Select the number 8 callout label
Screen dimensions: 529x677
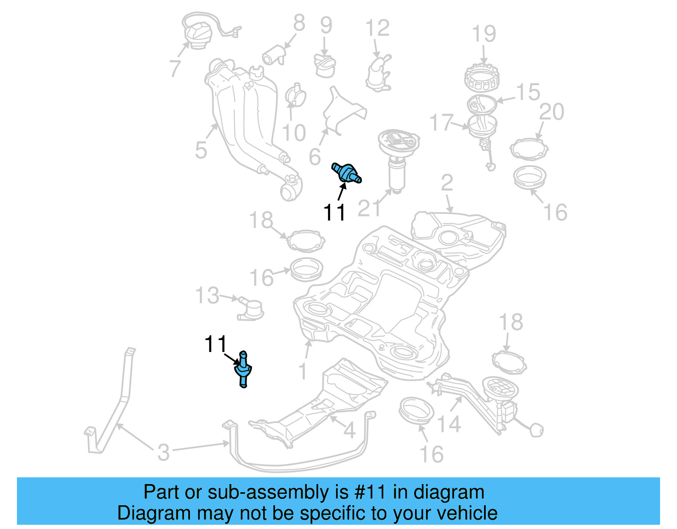299,23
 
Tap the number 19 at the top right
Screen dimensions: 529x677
484,34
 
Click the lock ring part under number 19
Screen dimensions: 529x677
482,78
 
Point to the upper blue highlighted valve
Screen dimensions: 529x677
346,174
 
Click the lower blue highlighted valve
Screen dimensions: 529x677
243,370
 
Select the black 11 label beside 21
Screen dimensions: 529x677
334,212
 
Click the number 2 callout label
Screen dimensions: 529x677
447,183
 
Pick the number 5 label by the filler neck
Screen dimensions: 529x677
201,150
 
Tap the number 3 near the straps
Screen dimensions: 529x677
163,452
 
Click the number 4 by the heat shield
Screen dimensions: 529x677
349,431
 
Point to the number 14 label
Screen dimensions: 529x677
449,424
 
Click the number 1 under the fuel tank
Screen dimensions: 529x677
302,371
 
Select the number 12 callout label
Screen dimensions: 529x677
377,28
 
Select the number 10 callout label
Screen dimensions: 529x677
294,133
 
